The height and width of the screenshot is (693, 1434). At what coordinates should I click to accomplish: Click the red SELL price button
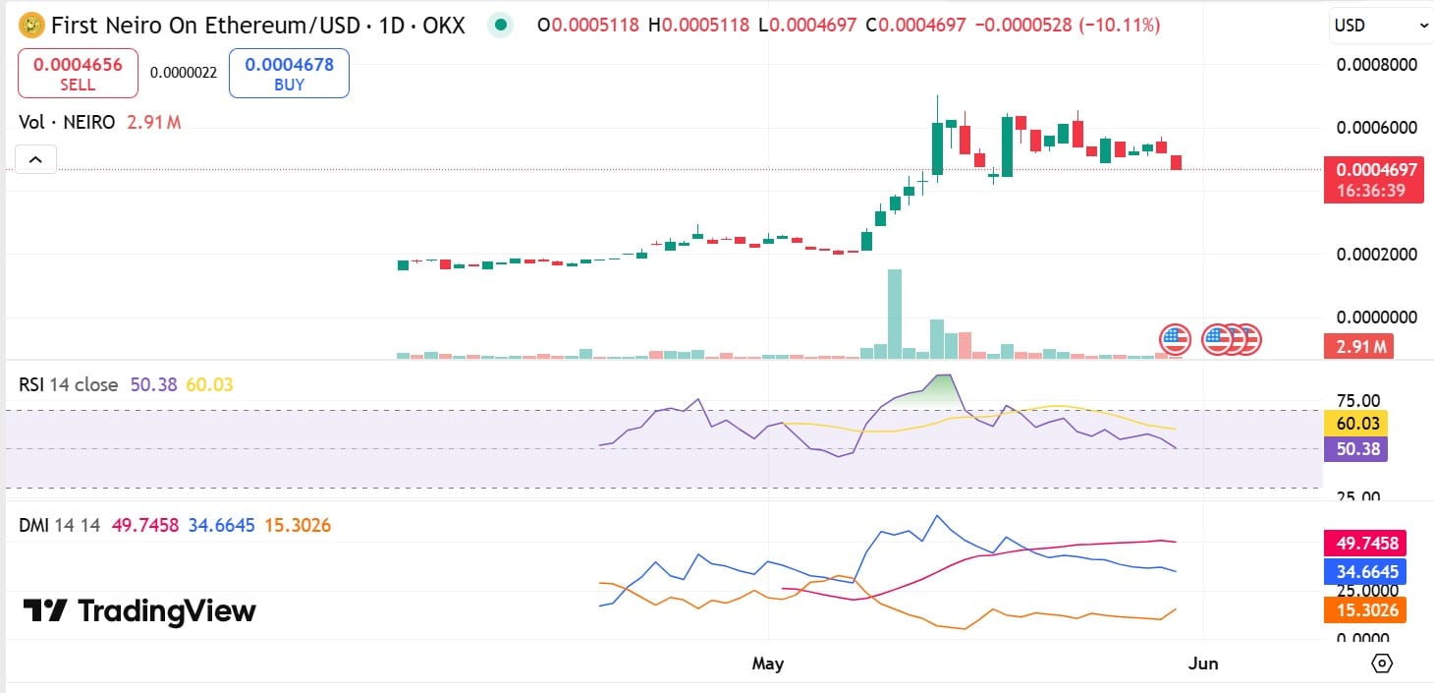click(78, 75)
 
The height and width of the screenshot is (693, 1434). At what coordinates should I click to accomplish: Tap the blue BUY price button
click(289, 75)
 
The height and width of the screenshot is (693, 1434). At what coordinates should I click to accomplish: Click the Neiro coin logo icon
click(32, 25)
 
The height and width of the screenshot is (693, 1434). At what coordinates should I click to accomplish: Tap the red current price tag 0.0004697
click(1373, 170)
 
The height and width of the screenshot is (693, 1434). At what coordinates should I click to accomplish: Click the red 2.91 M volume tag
click(1359, 347)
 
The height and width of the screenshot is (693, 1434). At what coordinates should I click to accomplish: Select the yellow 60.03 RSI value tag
click(1359, 424)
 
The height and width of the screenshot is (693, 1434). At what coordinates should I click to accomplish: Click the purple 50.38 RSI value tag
click(1359, 449)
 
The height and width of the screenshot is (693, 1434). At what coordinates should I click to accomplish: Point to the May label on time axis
click(767, 664)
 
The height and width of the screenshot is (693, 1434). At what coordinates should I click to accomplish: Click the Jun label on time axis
click(1202, 664)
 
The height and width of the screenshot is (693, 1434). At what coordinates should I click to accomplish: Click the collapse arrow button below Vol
click(36, 159)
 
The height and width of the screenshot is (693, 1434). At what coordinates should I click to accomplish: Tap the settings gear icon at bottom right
click(1382, 664)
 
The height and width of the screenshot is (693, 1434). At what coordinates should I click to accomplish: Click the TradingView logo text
click(139, 611)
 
